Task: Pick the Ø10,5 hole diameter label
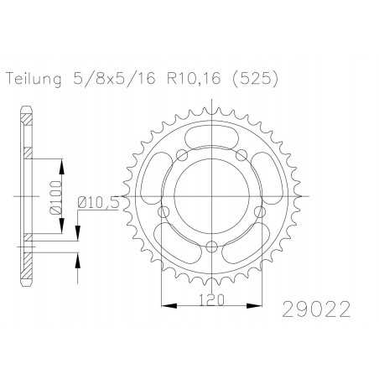[x=98, y=200]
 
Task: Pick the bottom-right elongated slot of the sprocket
[x=249, y=242]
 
